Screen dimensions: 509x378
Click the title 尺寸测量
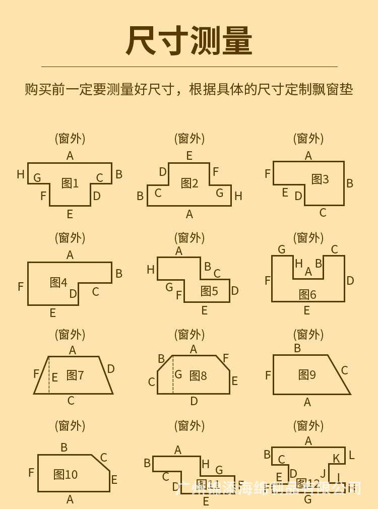click(x=189, y=41)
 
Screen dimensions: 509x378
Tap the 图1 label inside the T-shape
click(x=70, y=183)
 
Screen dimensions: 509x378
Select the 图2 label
click(x=190, y=183)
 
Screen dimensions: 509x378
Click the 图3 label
click(x=320, y=179)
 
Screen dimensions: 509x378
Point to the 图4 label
click(x=58, y=282)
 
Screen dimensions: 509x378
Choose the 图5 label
click(x=209, y=291)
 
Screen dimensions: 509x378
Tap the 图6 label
click(x=307, y=294)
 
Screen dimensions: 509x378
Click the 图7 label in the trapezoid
click(x=75, y=375)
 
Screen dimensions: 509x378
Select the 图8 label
click(x=198, y=375)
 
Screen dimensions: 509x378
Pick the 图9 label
click(x=307, y=374)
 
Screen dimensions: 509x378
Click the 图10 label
click(x=66, y=474)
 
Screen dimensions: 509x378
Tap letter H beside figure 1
click(x=21, y=174)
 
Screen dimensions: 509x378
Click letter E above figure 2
click(x=189, y=156)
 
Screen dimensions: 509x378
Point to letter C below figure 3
click(x=323, y=213)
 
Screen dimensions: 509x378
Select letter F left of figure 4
click(x=21, y=287)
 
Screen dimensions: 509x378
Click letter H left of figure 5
click(x=151, y=270)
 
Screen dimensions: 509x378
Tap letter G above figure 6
click(x=282, y=249)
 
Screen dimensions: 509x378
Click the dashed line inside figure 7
click(x=49, y=375)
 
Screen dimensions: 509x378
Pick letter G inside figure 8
click(x=178, y=374)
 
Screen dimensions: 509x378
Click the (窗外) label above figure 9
click(x=308, y=334)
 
